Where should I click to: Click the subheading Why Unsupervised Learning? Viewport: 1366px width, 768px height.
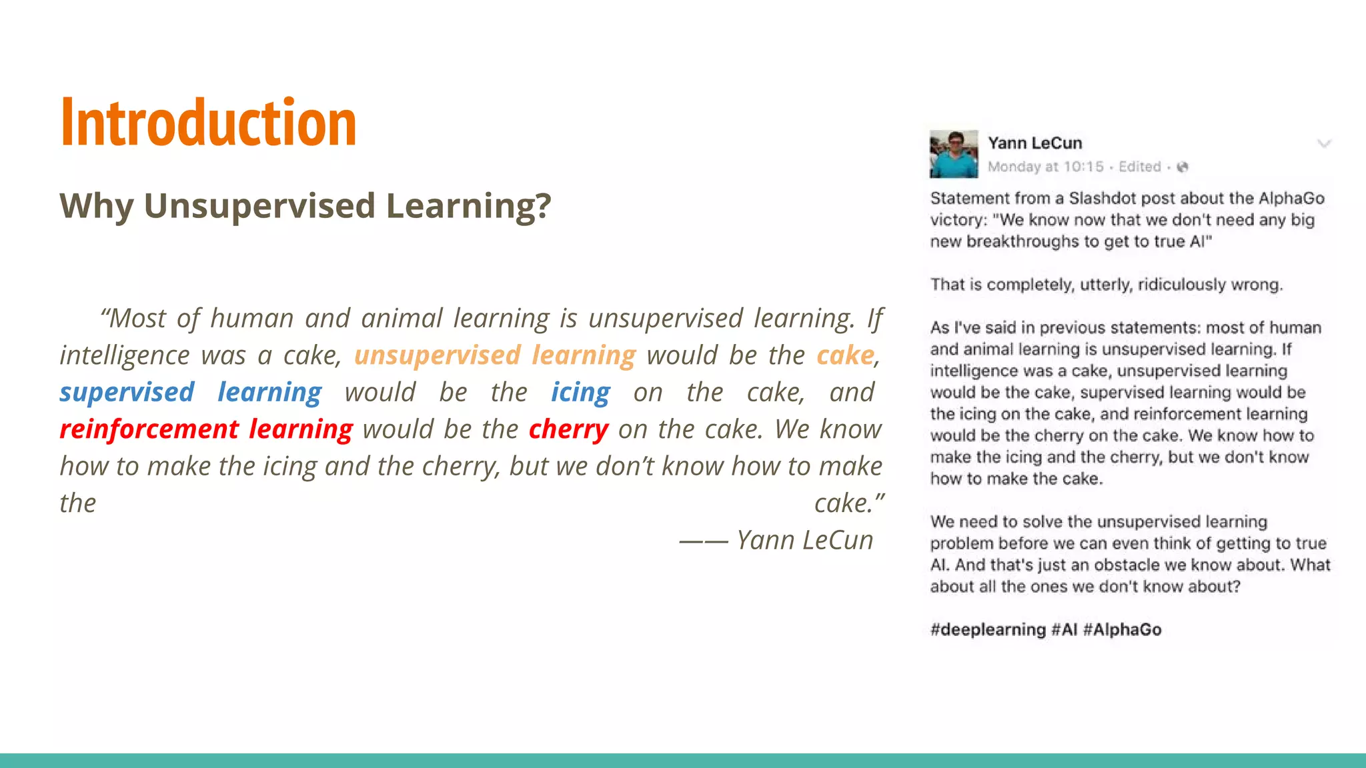tap(305, 205)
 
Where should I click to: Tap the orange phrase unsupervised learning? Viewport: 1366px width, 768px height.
tap(494, 355)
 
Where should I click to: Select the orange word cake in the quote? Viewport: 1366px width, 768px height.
tap(845, 355)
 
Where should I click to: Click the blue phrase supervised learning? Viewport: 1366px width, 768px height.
tap(191, 392)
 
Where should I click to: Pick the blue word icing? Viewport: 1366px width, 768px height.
tap(580, 392)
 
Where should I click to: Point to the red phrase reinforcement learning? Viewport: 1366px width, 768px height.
tap(206, 429)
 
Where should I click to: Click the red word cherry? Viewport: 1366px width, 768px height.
tap(568, 429)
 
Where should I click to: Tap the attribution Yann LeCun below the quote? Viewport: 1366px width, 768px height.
tap(804, 540)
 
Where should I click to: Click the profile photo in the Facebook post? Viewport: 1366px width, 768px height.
tap(954, 154)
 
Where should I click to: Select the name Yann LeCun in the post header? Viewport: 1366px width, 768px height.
tap(1035, 143)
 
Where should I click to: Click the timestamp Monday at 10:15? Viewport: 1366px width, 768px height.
tap(1045, 167)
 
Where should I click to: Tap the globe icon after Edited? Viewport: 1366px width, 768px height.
tap(1183, 167)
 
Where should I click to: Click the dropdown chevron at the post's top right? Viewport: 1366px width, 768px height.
tap(1324, 143)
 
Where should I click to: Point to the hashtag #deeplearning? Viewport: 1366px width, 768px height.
tap(988, 629)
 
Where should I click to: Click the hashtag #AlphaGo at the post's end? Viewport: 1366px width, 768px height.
tap(1123, 629)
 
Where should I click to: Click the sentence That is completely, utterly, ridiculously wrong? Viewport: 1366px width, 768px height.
tap(1106, 285)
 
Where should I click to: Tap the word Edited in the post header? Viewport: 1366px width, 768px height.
tap(1139, 167)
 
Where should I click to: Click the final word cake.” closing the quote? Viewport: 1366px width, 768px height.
tap(848, 503)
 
